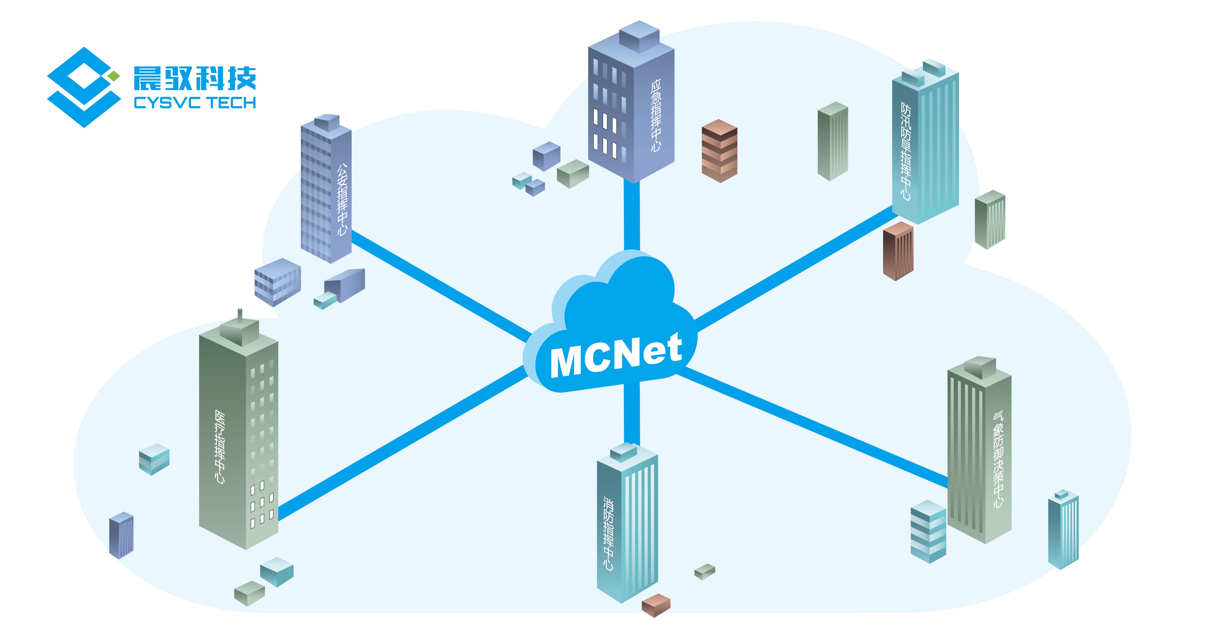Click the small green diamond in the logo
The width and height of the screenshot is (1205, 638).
click(114, 76)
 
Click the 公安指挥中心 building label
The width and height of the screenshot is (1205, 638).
click(342, 199)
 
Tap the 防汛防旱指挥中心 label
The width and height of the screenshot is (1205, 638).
click(906, 151)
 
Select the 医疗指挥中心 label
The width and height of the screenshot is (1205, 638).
click(219, 447)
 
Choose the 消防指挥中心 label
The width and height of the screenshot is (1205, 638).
click(608, 533)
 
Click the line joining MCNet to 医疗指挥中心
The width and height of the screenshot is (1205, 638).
click(402, 442)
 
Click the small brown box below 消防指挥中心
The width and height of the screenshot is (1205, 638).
click(656, 605)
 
